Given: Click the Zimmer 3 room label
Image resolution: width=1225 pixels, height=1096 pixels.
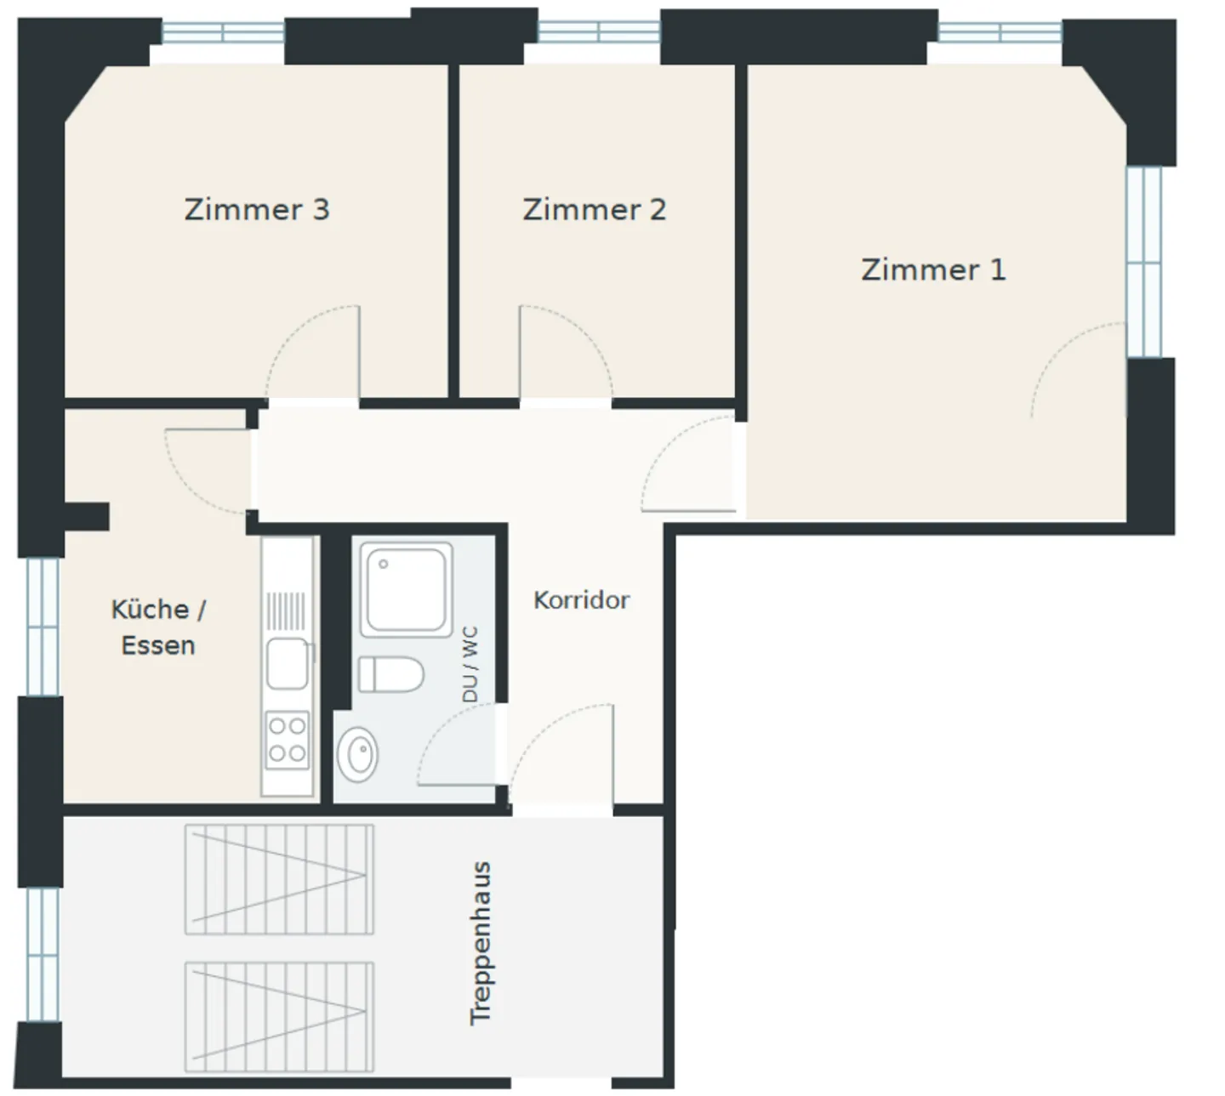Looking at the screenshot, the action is tap(257, 210).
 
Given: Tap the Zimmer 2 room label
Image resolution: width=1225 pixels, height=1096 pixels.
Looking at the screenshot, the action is tap(595, 210).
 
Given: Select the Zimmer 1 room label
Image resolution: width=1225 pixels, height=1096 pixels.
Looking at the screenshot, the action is tap(933, 270).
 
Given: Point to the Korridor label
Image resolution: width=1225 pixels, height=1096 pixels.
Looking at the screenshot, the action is tap(581, 600).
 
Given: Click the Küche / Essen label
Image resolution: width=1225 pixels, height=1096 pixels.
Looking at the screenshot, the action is tap(158, 628).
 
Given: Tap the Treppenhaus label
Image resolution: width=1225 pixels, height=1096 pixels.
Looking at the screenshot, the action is tap(480, 943).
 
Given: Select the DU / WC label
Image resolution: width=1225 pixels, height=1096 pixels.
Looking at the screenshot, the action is tap(470, 664).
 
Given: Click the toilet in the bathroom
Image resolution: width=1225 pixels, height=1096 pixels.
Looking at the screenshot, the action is tap(390, 674).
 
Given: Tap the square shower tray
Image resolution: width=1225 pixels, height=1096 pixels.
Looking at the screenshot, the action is tap(407, 589).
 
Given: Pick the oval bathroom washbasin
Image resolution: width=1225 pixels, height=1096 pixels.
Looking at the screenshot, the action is tap(357, 754).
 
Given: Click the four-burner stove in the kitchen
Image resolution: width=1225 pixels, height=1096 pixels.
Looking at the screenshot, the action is tap(288, 741).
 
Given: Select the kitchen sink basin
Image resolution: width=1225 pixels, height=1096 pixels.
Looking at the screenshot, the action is tap(288, 663).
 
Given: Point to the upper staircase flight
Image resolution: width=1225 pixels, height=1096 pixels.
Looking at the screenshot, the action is tap(279, 879).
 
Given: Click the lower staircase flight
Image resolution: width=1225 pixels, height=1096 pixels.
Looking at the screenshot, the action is tap(279, 1018).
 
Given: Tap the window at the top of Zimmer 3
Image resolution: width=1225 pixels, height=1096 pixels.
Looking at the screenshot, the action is tap(223, 32).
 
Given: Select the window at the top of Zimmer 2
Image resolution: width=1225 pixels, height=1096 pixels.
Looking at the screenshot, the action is tap(599, 32).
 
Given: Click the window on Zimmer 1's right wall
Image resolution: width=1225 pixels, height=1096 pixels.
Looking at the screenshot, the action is tap(1143, 262).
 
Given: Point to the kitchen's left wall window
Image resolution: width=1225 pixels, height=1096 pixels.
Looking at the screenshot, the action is tap(43, 627).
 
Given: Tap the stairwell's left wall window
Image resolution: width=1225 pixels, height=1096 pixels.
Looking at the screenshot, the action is tap(43, 955).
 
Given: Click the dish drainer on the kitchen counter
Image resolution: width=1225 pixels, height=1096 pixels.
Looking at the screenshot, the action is tap(286, 610).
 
